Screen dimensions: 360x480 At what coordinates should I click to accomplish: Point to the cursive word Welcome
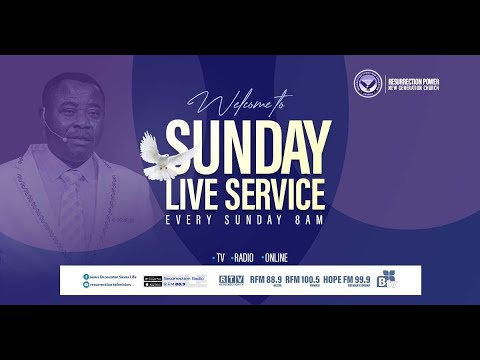point(232,104)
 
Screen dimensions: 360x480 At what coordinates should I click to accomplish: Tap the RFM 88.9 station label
point(266,280)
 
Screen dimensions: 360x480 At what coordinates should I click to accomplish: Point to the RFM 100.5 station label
point(303,280)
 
